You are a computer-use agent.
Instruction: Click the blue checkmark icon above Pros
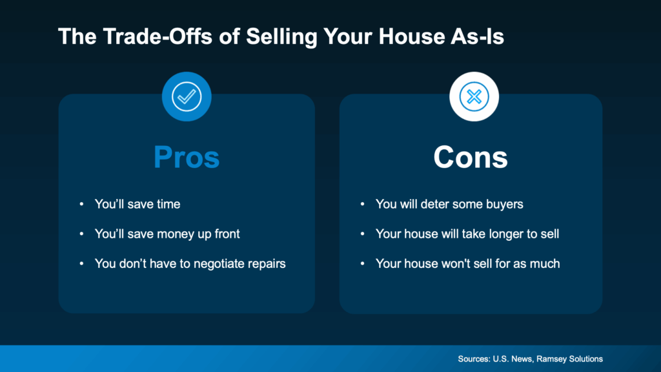(187, 97)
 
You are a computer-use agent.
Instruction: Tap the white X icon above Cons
(474, 97)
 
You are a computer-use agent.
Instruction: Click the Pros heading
(187, 158)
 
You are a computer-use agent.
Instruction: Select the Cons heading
(471, 158)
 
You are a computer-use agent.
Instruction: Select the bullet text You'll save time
(137, 204)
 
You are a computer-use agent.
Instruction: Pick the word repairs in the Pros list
(265, 263)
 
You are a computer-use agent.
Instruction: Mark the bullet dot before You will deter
(363, 205)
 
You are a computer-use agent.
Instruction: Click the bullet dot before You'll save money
(81, 234)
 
